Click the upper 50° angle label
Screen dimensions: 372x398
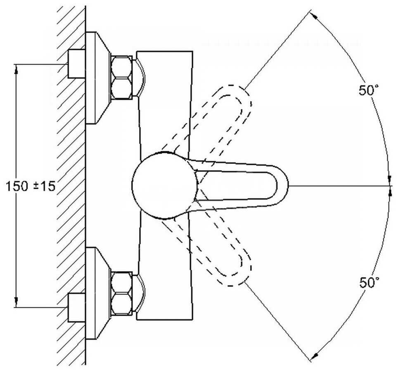(368, 90)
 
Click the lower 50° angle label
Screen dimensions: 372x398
(369, 283)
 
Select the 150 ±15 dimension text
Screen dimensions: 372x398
(31, 186)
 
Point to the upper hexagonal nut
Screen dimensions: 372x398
(121, 77)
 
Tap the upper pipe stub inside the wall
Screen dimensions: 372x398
(76, 64)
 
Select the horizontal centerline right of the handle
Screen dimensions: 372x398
(339, 186)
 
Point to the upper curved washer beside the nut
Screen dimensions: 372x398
(141, 77)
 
